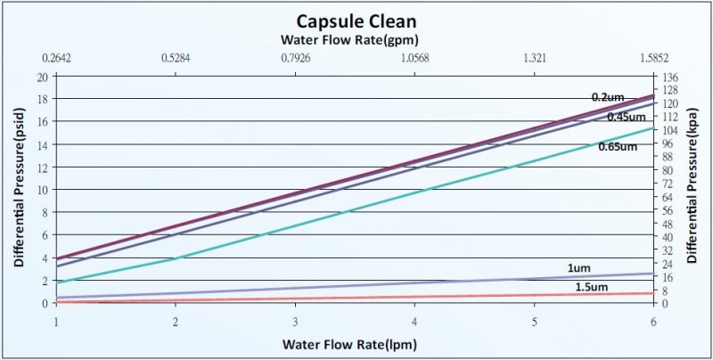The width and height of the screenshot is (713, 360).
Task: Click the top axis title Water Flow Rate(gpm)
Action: pyautogui.click(x=349, y=39)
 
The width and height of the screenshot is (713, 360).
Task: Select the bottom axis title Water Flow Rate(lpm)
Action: pyautogui.click(x=349, y=343)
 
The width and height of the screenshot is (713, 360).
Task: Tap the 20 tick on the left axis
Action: pyautogui.click(x=42, y=77)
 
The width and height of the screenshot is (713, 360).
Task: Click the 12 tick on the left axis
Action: pyautogui.click(x=42, y=168)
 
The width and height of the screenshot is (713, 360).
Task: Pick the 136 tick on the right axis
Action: pyautogui.click(x=669, y=77)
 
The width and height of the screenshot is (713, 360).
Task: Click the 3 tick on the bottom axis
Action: pyautogui.click(x=295, y=321)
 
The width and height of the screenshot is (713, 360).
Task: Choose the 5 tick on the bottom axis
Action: pyautogui.click(x=534, y=321)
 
